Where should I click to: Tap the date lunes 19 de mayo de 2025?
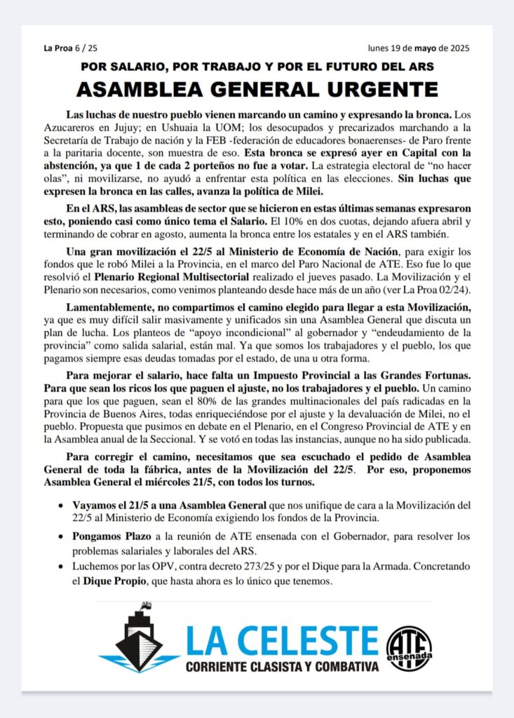[419, 48]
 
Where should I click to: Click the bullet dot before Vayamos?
[61, 505]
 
